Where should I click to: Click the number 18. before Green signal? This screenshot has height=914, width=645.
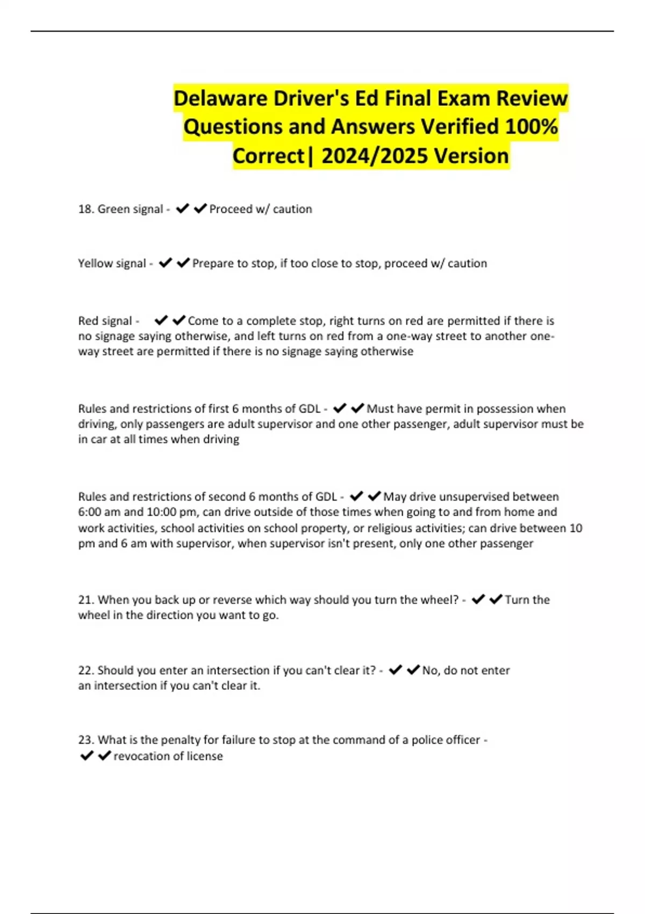point(86,209)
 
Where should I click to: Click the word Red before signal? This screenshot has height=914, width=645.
point(88,321)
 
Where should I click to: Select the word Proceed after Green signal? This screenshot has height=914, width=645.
point(231,209)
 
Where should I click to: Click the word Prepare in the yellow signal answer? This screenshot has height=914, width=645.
point(213,263)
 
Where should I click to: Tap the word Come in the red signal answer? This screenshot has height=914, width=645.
point(203,321)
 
